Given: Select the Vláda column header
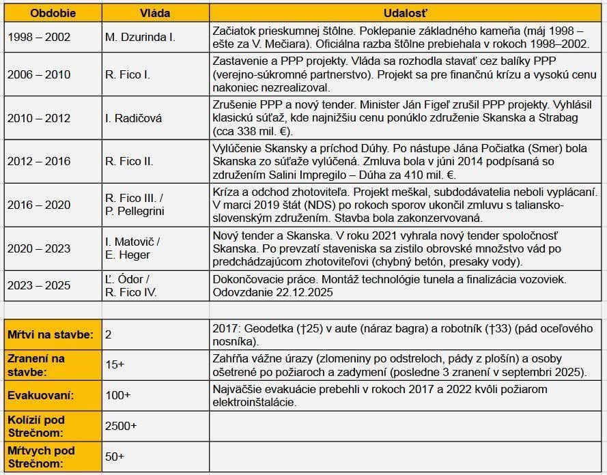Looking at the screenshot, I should point(155,13).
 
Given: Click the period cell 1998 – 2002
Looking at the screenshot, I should point(39,38).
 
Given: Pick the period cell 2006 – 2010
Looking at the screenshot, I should point(39,75).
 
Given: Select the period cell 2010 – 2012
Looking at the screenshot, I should point(39,118).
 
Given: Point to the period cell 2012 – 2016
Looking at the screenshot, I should point(39,162).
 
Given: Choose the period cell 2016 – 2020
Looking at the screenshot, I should point(39,205).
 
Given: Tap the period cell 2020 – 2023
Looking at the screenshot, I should point(39,248).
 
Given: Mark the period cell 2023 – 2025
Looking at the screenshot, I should point(39,285).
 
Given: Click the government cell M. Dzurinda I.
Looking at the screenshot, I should point(140,38).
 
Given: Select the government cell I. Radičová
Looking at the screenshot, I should point(134,118).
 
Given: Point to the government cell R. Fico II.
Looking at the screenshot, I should point(129,162).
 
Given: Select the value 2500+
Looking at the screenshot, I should point(121,425).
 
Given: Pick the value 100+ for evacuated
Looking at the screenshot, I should point(117,396).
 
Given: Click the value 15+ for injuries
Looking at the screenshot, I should point(115,365).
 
